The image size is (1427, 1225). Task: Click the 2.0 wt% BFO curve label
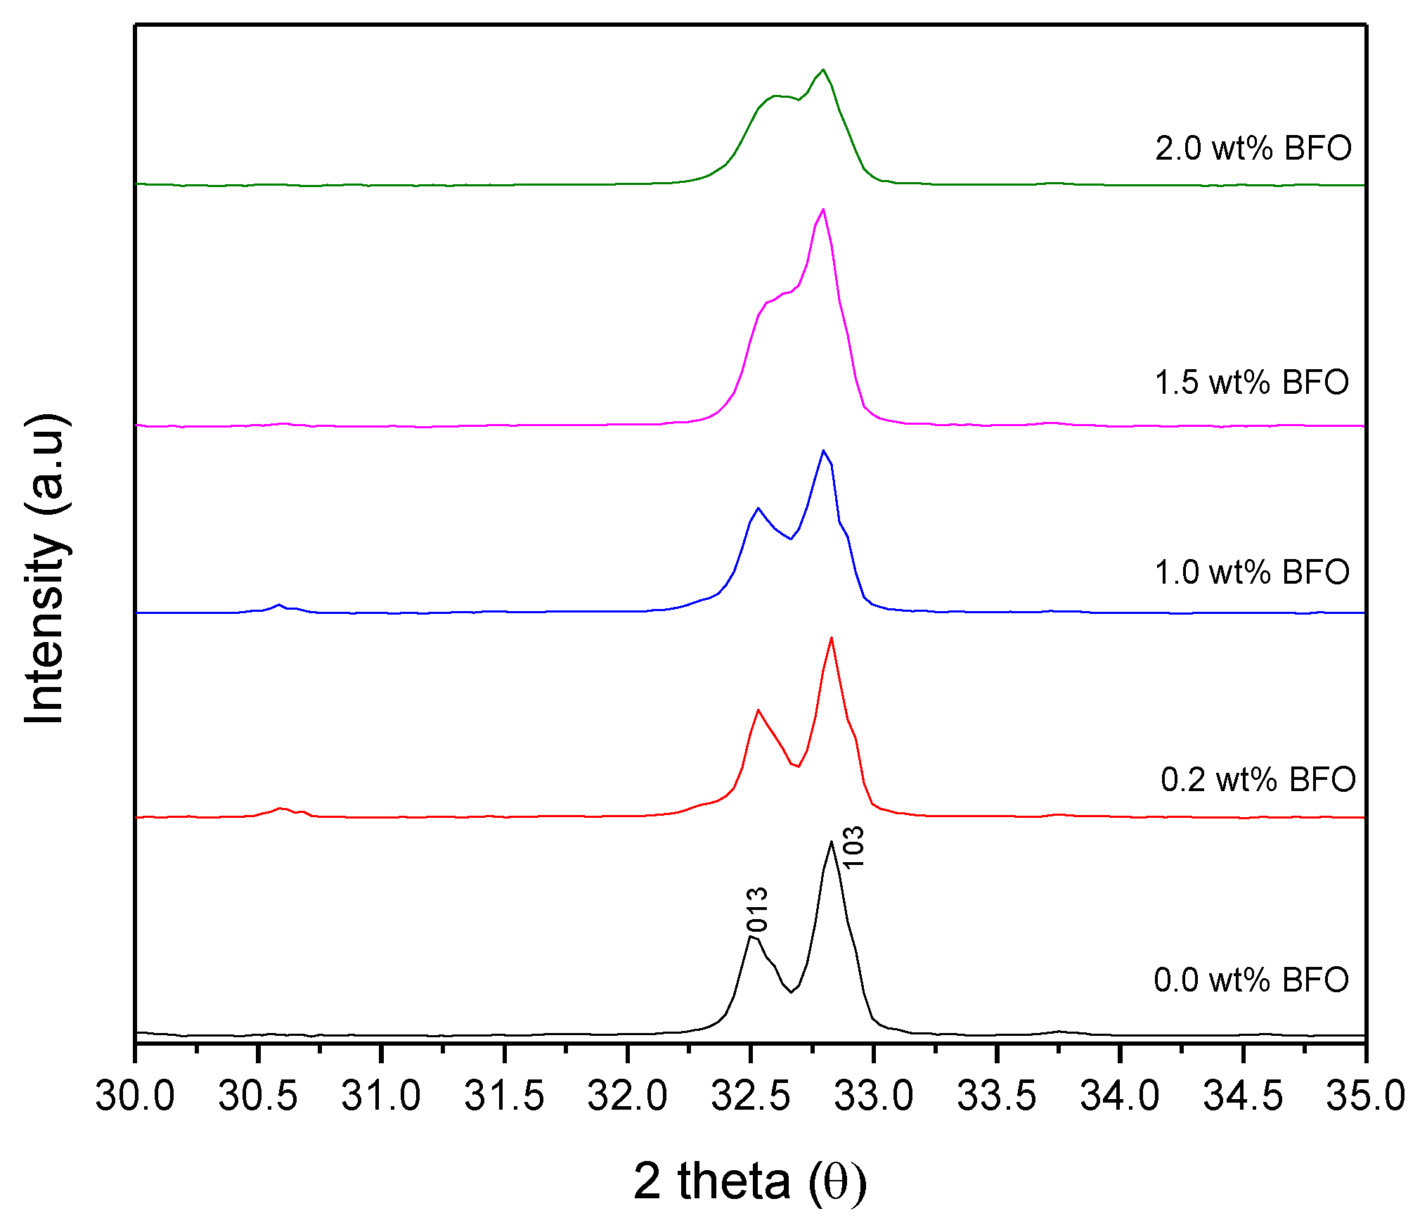tap(1253, 148)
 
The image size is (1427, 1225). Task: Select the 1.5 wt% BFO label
tap(1251, 383)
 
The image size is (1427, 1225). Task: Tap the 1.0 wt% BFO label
tap(1251, 572)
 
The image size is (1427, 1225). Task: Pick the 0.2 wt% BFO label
tap(1258, 780)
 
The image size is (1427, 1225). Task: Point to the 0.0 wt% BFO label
tap(1251, 980)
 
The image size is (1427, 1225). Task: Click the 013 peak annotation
tap(757, 909)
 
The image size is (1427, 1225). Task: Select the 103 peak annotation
tap(853, 847)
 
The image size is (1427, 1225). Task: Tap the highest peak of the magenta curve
tap(823, 209)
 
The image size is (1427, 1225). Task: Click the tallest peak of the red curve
tap(832, 638)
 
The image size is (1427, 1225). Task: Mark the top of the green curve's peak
tap(823, 70)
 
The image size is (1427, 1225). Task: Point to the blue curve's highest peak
tap(823, 450)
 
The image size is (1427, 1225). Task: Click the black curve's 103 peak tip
tap(832, 841)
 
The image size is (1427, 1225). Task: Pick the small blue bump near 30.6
tap(279, 604)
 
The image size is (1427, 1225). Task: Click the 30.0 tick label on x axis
tap(135, 1096)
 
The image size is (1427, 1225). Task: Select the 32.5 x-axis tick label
tap(751, 1096)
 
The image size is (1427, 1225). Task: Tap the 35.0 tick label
tap(1365, 1096)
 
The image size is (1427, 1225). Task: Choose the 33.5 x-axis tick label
tap(997, 1096)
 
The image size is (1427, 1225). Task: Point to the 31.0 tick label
tap(381, 1096)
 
